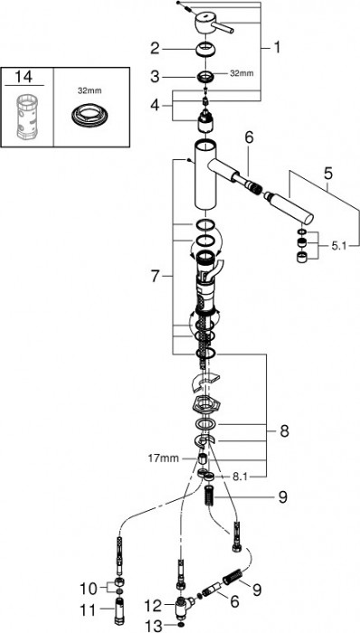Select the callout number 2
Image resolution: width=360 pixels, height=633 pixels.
[x=156, y=49]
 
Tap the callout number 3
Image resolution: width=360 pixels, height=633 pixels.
[x=156, y=77]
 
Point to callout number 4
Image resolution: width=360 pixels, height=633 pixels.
[x=156, y=106]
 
